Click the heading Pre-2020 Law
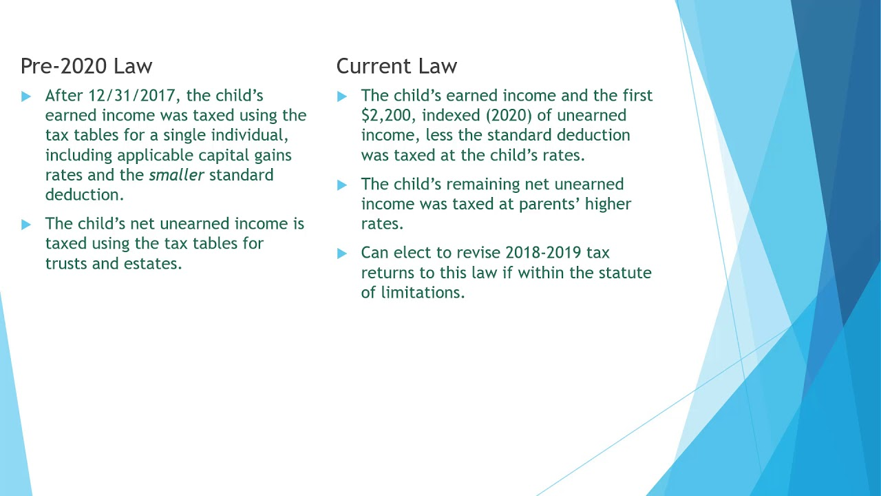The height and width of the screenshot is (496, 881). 86,66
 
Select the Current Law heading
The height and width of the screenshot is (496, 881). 396,66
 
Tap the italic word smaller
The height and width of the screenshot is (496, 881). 176,175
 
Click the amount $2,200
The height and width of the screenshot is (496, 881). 385,116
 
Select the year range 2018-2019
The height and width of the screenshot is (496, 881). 543,253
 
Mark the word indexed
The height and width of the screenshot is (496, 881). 452,116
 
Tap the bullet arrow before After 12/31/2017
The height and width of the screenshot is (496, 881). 26,96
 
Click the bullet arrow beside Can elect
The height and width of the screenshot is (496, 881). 342,254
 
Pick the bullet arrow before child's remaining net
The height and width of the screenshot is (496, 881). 342,185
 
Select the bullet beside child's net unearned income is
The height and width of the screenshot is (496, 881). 26,225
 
